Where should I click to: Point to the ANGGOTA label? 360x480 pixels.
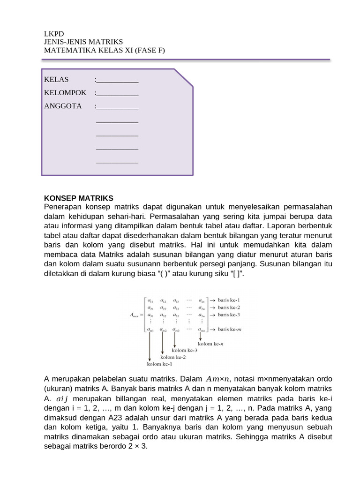pyautogui.click(x=63, y=106)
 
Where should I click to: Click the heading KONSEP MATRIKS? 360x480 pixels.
pyautogui.click(x=79, y=198)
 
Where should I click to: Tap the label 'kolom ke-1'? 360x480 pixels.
pyautogui.click(x=159, y=364)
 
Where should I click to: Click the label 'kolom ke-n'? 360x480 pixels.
pyautogui.click(x=220, y=343)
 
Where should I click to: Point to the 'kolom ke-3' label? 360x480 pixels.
pyautogui.click(x=184, y=350)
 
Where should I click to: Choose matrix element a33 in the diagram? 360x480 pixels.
pyautogui.click(x=176, y=315)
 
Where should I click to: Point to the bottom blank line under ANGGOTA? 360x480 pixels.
pyautogui.click(x=117, y=162)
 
